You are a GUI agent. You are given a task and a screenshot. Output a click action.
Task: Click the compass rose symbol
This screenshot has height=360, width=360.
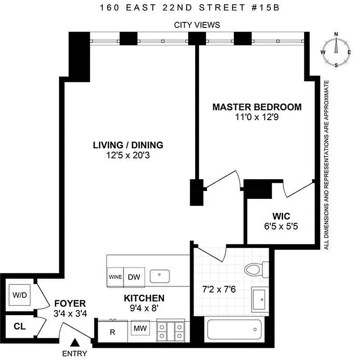tap(336, 50)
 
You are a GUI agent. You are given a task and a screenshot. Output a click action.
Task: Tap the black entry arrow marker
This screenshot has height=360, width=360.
tap(76, 343)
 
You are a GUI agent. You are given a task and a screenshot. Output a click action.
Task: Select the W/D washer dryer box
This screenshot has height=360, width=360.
tap(19, 296)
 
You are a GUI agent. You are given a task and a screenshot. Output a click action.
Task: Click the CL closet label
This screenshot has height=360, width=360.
tap(18, 325)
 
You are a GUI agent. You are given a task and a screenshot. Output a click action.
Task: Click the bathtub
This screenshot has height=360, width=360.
tap(233, 330)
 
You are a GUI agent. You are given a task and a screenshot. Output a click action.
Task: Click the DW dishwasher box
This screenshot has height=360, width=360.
tap(134, 277)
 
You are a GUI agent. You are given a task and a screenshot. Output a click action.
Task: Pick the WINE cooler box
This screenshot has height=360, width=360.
tap(115, 277)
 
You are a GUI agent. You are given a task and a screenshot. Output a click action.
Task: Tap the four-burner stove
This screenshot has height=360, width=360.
tap(171, 331)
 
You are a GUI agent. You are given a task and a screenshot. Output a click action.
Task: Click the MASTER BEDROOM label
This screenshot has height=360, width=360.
tap(257, 107)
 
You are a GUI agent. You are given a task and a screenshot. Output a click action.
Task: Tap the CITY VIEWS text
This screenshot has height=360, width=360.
tap(197, 25)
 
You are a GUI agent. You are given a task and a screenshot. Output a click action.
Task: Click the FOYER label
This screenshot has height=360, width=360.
tap(70, 303)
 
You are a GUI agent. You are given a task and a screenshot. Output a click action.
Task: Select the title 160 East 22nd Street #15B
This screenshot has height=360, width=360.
tap(180, 8)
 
